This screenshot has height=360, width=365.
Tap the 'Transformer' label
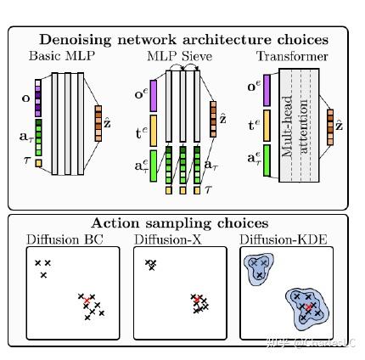291,57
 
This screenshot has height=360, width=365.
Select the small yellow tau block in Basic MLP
38,162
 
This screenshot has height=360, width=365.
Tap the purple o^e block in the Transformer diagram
267,90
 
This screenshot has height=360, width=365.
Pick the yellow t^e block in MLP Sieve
154,130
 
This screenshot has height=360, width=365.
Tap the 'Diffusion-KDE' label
283,240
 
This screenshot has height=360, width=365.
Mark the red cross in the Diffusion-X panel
196,301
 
